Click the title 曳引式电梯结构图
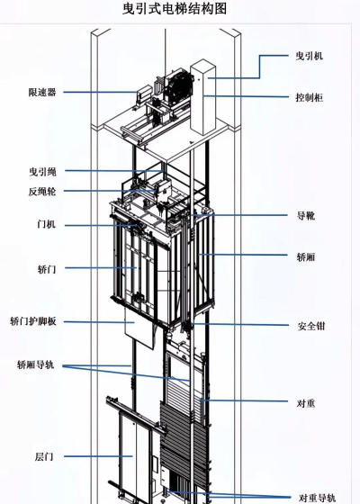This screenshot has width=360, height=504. click(175, 9)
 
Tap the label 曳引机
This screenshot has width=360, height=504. click(310, 56)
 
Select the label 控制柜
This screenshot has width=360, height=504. click(310, 97)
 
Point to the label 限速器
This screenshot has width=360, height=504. click(42, 92)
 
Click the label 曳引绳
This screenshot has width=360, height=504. click(43, 171)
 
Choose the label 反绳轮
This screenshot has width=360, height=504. click(42, 192)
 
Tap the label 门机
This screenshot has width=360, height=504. click(46, 224)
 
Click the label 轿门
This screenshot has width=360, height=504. click(47, 269)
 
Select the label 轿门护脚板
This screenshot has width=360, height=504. click(33, 321)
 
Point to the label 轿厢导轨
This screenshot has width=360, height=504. click(36, 364)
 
